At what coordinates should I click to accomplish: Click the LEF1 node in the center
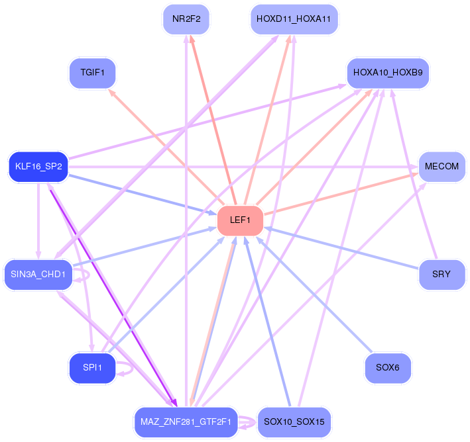click(240, 220)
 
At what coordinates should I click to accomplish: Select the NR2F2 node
click(186, 19)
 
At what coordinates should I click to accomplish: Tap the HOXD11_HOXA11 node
click(294, 19)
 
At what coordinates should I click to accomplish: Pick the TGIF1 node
click(92, 73)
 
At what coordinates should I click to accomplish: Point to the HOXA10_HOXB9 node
click(388, 73)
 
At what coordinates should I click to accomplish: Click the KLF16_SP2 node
click(38, 167)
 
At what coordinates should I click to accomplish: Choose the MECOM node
click(441, 167)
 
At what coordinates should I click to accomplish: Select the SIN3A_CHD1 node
click(38, 275)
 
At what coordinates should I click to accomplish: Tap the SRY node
click(441, 275)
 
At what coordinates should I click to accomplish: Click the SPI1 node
click(92, 368)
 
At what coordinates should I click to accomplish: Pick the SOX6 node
click(388, 368)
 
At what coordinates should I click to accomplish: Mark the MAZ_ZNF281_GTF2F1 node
click(186, 422)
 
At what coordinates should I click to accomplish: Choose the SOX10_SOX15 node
click(294, 422)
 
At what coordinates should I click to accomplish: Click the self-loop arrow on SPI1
click(132, 368)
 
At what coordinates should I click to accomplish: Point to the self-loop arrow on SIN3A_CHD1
click(89, 275)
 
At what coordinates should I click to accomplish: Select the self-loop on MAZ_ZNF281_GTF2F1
click(255, 422)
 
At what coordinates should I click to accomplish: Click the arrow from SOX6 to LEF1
click(314, 294)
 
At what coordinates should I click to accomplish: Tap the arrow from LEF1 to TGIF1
click(166, 148)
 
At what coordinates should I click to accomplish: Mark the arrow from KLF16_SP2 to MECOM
click(243, 167)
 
